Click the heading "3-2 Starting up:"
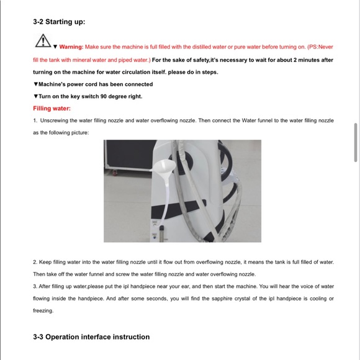click(59, 22)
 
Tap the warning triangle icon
click(42, 41)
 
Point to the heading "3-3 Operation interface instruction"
click(91, 337)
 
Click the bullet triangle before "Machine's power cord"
click(35, 84)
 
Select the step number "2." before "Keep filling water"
click(35, 262)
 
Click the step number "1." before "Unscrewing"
click(35, 120)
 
